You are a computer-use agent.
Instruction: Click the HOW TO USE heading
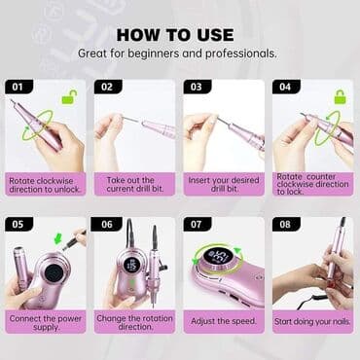(175, 35)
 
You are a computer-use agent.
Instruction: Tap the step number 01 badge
(18, 87)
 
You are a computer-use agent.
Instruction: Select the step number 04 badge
(286, 87)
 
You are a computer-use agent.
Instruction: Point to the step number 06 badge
(107, 224)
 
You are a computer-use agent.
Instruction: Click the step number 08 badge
(286, 224)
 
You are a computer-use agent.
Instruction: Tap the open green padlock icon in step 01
(70, 97)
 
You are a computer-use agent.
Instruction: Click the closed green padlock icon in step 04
(340, 96)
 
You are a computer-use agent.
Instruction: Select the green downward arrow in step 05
(58, 239)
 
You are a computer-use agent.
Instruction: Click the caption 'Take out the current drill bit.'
(134, 184)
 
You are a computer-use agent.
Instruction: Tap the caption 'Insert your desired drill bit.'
(224, 184)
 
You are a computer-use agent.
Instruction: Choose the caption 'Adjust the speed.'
(224, 321)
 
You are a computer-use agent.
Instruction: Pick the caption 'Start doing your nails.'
(312, 321)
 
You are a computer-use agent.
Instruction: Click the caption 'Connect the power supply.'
(46, 322)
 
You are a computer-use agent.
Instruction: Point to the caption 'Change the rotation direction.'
(134, 322)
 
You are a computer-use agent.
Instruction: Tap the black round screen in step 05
(54, 272)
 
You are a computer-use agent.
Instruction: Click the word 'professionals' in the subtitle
(241, 54)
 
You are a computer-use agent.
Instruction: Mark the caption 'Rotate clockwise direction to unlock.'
(45, 185)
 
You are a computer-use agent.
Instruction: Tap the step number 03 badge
(197, 87)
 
